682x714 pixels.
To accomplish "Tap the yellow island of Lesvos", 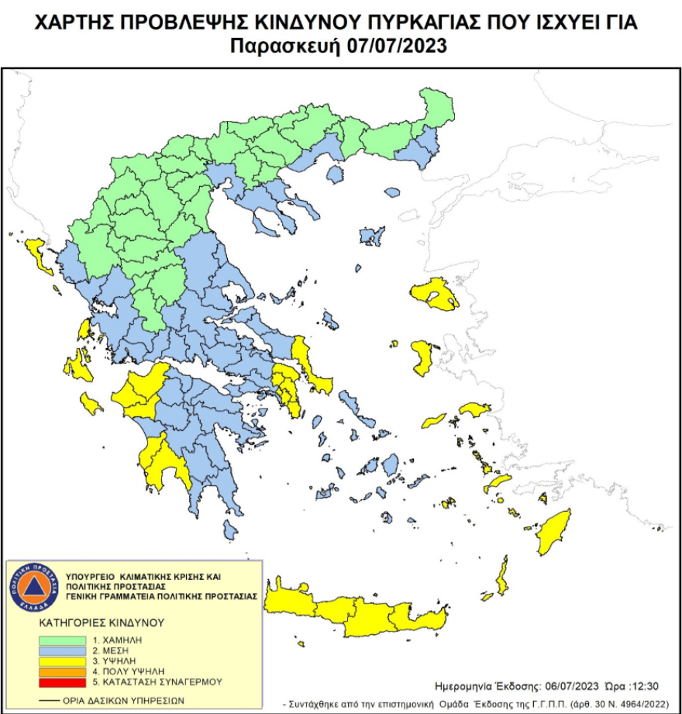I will click(435, 295).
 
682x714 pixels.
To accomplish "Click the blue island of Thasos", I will click(335, 174).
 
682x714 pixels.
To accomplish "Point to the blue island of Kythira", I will click(229, 529).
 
